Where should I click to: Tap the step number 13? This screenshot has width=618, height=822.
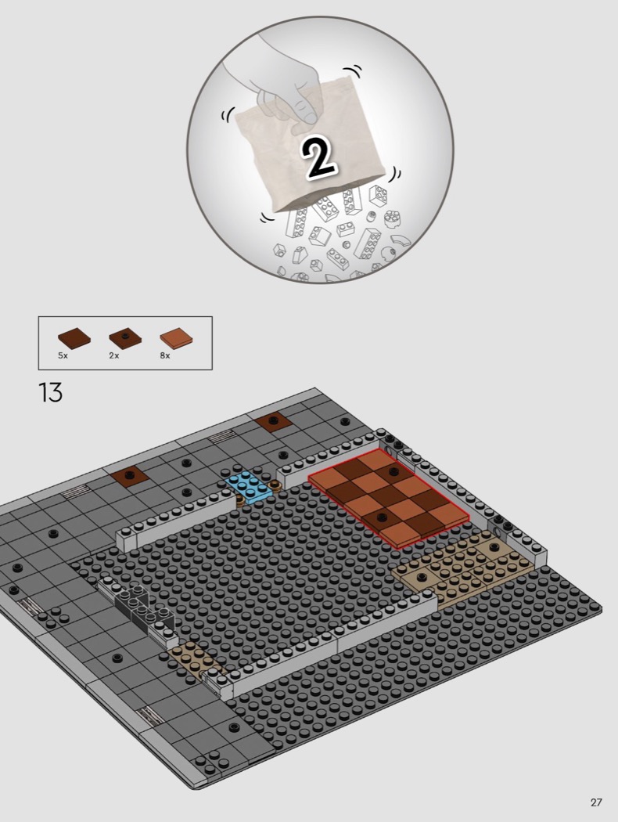50,393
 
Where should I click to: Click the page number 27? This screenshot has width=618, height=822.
595,802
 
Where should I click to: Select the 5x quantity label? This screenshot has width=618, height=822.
63,355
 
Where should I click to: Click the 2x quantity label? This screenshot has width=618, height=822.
114,355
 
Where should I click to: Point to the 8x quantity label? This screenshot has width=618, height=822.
165,355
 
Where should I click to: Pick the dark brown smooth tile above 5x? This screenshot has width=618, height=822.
74,337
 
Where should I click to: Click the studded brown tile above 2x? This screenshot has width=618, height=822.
125,337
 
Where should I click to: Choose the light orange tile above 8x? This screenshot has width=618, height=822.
177,338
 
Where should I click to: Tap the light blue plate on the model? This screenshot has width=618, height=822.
249,487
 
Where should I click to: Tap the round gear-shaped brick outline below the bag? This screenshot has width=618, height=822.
393,218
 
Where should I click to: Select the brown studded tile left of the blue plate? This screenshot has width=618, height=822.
129,476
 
